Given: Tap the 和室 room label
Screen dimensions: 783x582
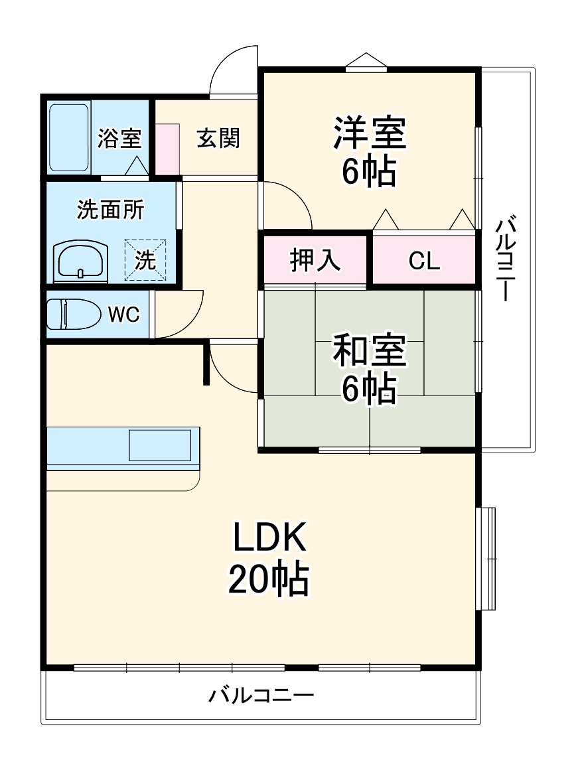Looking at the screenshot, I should (369, 351).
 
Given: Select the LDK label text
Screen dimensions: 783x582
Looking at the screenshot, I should (269, 539).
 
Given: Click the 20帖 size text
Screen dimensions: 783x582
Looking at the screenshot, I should (269, 579).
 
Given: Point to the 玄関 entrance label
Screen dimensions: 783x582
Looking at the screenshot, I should (218, 139).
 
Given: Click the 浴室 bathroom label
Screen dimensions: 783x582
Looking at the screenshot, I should (119, 139).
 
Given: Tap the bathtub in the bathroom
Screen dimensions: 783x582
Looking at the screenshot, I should (69, 137).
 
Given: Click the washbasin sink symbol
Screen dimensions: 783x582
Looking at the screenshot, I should (80, 261).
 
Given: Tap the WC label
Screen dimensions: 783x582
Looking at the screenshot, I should (124, 315).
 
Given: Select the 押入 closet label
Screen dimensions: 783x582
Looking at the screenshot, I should (315, 260).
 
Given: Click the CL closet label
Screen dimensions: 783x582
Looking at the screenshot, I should (424, 261).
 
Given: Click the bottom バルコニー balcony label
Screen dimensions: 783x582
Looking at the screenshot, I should (261, 696).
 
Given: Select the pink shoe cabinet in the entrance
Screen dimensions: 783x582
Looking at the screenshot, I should (168, 149).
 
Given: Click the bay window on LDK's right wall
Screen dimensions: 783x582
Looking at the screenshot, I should (486, 558).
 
